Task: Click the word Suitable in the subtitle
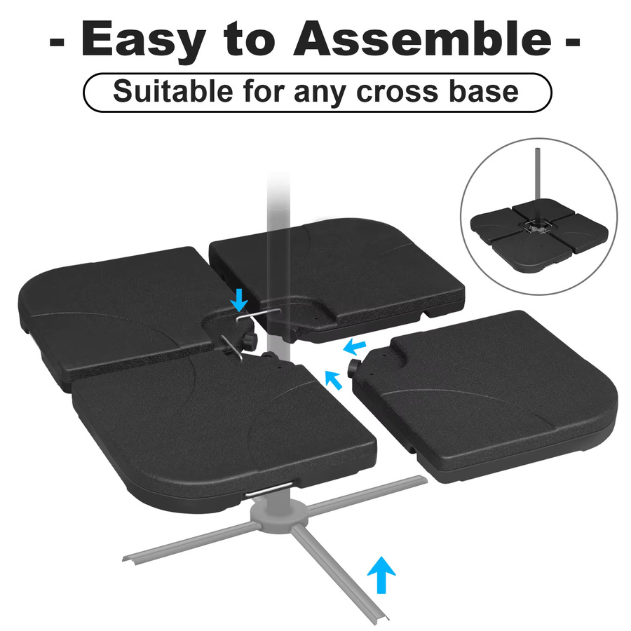tap(173, 91)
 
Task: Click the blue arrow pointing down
tap(240, 299)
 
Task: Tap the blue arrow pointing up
tap(381, 575)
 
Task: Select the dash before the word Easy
tap(57, 41)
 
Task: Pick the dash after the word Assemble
tap(573, 41)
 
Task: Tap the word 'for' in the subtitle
tap(264, 91)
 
